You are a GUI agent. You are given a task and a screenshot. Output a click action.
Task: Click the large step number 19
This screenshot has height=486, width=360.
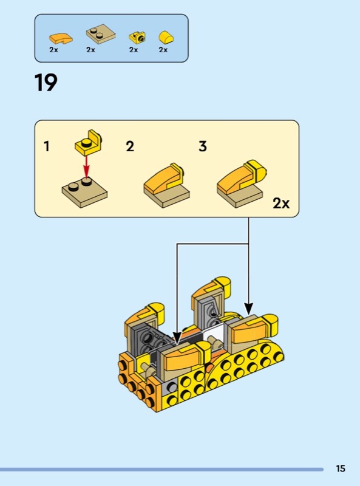click(x=46, y=83)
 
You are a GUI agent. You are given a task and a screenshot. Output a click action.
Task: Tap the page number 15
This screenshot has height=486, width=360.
click(x=341, y=468)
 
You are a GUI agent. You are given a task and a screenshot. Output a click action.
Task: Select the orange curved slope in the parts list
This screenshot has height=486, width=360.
click(x=61, y=38)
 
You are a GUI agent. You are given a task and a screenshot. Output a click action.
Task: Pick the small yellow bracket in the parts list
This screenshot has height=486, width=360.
click(x=138, y=38)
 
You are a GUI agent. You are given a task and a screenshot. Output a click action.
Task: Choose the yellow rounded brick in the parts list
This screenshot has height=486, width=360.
click(x=166, y=37)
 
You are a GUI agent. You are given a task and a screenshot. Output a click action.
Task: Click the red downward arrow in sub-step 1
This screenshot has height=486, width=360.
click(x=86, y=167)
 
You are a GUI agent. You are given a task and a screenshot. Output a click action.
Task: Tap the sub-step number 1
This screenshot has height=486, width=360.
click(x=47, y=146)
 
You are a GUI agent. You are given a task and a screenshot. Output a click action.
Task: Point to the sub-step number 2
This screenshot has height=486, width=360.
click(x=130, y=146)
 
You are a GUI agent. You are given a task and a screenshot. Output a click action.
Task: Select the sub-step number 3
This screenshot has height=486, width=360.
click(x=203, y=146)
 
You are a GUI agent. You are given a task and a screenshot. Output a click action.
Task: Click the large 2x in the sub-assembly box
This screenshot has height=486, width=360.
click(x=281, y=204)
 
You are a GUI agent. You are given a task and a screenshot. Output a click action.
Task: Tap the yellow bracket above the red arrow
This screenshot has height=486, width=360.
click(x=89, y=143)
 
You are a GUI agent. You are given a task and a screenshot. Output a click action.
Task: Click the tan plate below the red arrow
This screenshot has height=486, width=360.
click(x=84, y=192)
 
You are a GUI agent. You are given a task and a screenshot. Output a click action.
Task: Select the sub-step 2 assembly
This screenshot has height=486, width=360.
click(x=167, y=186)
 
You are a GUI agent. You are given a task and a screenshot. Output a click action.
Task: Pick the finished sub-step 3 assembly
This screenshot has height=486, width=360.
click(x=242, y=183)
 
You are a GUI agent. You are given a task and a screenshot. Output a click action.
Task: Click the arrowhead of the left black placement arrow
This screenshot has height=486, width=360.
click(x=177, y=338)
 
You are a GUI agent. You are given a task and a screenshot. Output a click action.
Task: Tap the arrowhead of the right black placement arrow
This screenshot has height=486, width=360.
click(x=248, y=308)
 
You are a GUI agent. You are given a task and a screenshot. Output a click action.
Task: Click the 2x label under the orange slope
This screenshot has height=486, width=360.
click(x=53, y=50)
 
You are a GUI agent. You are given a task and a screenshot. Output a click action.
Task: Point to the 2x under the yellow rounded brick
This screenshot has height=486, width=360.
click(x=163, y=50)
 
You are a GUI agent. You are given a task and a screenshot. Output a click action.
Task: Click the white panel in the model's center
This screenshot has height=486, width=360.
click(x=214, y=337)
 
